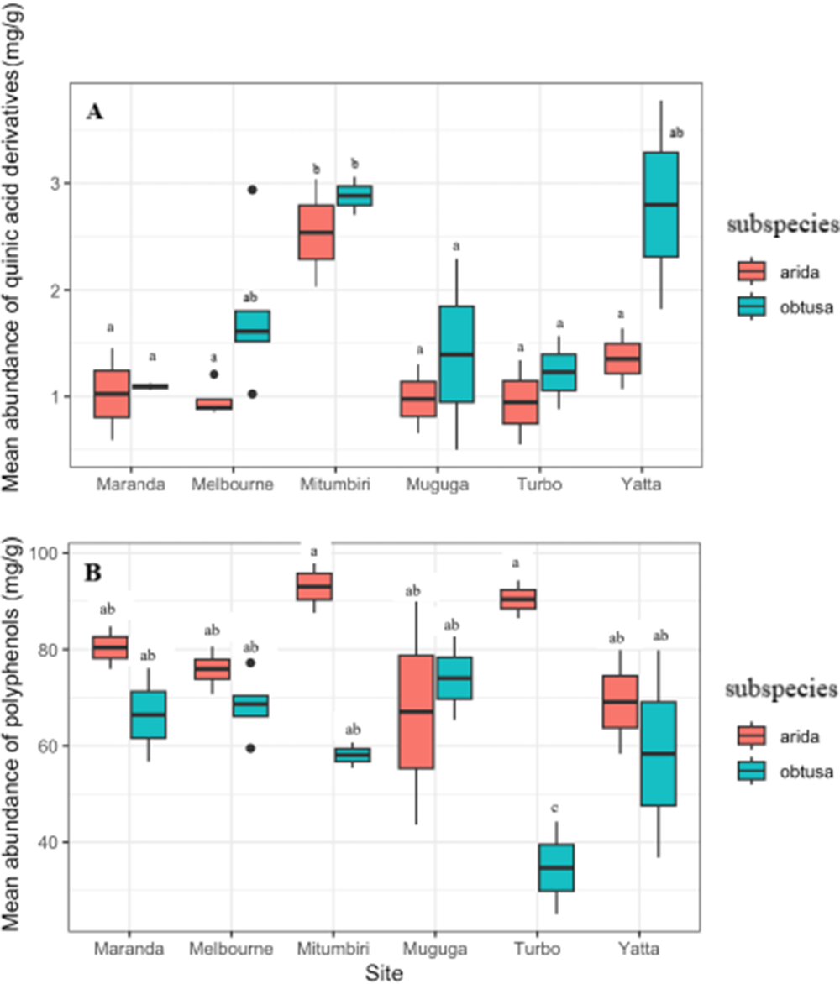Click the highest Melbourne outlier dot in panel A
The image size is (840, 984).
(252, 190)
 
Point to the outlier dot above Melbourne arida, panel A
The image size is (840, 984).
(214, 374)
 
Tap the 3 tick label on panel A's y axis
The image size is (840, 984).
(64, 183)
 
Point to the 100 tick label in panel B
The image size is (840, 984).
(55, 553)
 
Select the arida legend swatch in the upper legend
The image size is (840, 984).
(750, 271)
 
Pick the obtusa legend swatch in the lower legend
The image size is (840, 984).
(750, 771)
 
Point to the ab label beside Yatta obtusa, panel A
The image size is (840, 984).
(676, 133)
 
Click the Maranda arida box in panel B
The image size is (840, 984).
(110, 647)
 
